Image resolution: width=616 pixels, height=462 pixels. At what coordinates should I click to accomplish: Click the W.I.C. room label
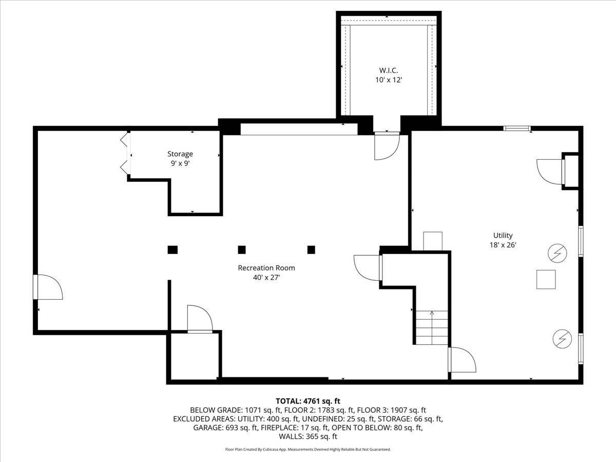(x=388, y=70)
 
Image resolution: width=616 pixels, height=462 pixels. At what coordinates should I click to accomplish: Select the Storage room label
(x=180, y=154)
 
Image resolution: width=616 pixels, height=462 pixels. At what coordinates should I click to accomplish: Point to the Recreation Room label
(x=266, y=268)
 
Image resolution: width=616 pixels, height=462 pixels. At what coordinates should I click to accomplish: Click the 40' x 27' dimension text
(x=266, y=277)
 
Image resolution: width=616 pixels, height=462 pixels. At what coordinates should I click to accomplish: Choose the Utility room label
(x=503, y=236)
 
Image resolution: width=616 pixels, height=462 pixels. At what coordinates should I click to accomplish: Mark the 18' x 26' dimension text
(x=503, y=245)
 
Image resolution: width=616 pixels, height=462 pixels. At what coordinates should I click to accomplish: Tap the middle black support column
(x=242, y=250)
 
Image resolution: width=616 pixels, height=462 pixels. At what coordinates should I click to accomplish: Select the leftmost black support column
(x=172, y=250)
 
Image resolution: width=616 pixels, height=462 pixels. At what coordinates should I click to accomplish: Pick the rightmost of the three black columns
(x=311, y=250)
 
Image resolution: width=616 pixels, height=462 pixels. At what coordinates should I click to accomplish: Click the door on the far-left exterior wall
(x=47, y=287)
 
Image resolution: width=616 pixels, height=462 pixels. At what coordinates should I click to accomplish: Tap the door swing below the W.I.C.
(x=387, y=146)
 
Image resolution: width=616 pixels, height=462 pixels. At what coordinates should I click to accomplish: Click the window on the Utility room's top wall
(x=516, y=128)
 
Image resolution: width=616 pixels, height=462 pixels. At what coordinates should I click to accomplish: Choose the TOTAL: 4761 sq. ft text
(x=308, y=401)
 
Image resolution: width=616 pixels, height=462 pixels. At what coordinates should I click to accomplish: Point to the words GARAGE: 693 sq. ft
(x=225, y=428)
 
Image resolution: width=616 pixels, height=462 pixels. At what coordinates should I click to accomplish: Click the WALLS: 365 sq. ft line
(x=308, y=437)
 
